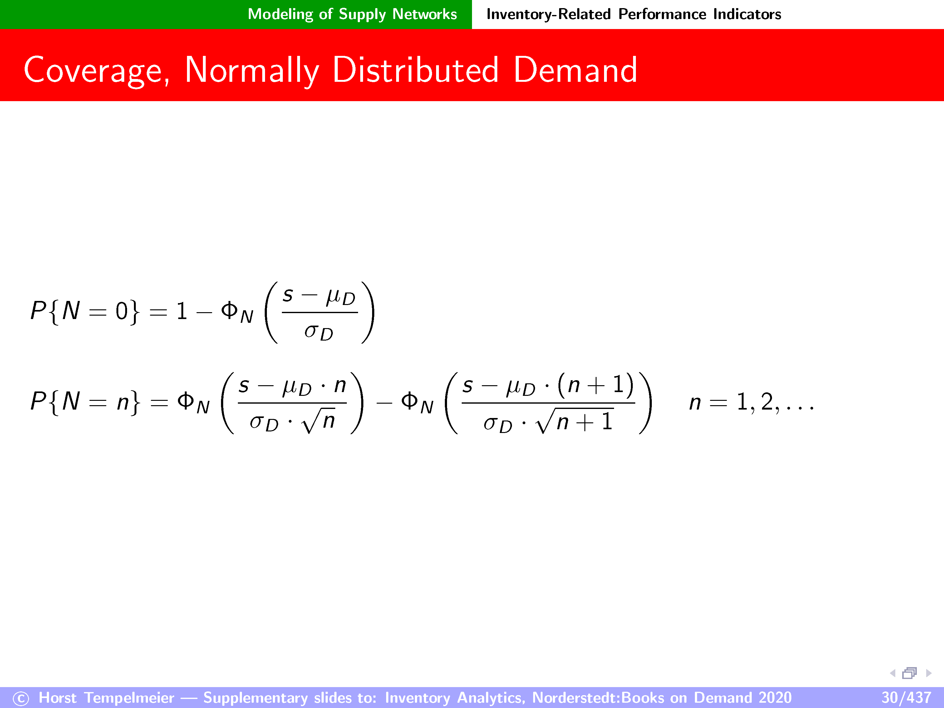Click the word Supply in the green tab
point(362,14)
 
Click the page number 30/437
point(906,698)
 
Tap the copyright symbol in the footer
point(21,699)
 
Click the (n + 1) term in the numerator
point(596,385)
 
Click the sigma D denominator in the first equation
point(319,332)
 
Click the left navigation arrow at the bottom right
point(892,673)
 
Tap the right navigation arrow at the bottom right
point(929,673)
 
